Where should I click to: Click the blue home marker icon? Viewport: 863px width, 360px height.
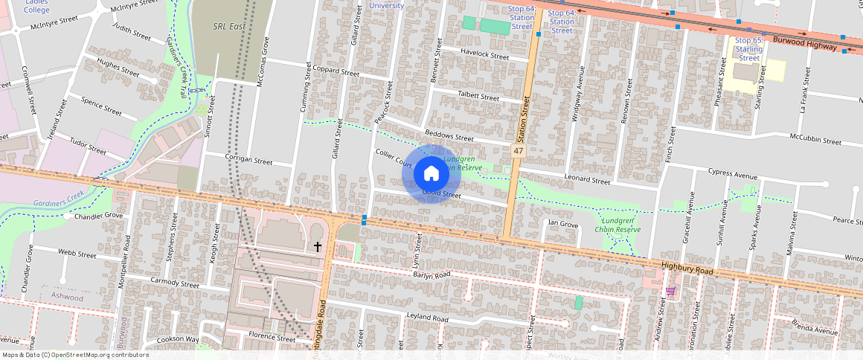click(x=431, y=174)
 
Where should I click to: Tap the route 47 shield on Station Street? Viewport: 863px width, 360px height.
click(x=518, y=151)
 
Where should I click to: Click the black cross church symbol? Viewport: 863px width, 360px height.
click(x=318, y=246)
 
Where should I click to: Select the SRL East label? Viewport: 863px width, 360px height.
click(x=229, y=27)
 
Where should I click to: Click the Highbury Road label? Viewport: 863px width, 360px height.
click(x=687, y=269)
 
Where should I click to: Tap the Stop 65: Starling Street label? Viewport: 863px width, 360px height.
click(x=748, y=49)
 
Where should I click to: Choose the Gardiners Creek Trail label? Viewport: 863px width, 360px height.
click(x=176, y=68)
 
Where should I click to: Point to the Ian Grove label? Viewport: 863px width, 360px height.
click(x=562, y=223)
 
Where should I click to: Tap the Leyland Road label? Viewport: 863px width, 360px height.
click(x=427, y=318)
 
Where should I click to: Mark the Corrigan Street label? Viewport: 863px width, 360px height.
click(x=248, y=160)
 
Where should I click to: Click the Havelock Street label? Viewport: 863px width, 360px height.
click(x=484, y=56)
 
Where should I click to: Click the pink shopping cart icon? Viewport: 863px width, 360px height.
click(x=670, y=291)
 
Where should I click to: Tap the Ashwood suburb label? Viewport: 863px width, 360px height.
click(x=67, y=296)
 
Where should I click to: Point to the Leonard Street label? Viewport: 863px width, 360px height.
click(x=587, y=181)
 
